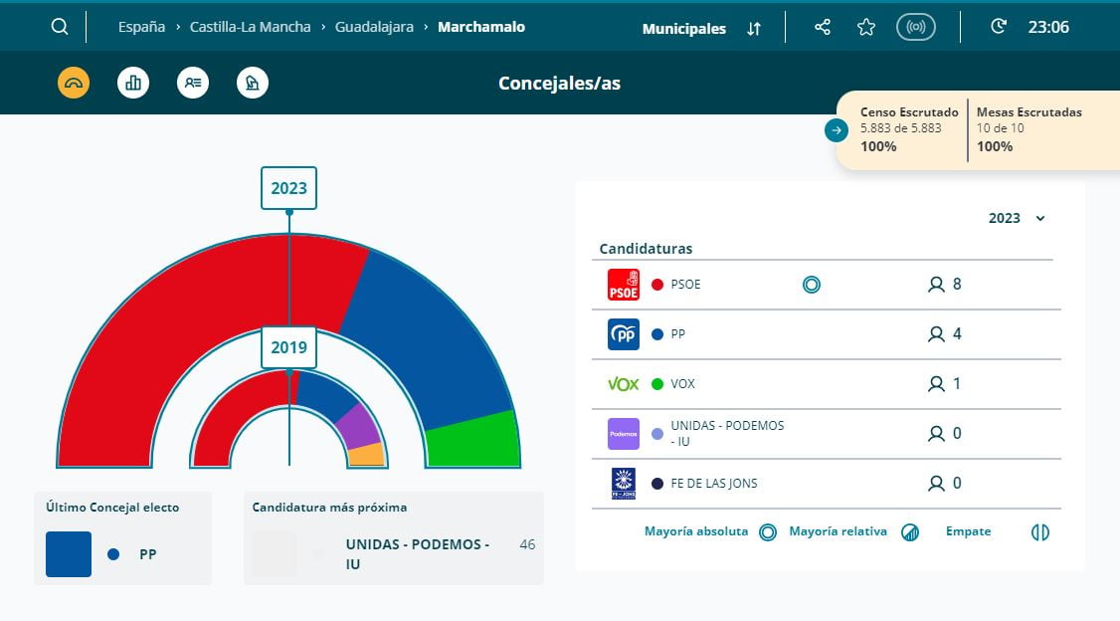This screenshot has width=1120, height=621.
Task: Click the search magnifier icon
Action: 60,27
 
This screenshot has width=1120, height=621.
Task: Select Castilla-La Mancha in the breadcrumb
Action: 250,27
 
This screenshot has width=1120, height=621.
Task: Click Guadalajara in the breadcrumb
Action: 373,27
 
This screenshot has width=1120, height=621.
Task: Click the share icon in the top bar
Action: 823,27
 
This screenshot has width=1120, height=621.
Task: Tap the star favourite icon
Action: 866,27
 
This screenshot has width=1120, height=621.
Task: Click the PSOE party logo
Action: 624,285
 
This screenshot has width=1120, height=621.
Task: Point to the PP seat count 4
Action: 957,334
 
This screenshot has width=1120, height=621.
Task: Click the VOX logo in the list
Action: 624,384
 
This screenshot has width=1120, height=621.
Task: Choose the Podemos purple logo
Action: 624,434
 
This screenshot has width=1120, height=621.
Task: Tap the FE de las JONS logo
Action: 624,484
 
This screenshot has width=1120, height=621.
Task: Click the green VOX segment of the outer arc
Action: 472,439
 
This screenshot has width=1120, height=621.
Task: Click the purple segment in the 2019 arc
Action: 358,425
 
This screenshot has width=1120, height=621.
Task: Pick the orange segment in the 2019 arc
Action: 366,455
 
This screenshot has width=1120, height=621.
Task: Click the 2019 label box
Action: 288,348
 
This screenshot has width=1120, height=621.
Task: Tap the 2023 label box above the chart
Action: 288,188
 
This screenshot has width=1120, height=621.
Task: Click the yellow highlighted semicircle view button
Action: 74,83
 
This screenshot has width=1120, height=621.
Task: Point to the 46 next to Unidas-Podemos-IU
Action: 527,544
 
